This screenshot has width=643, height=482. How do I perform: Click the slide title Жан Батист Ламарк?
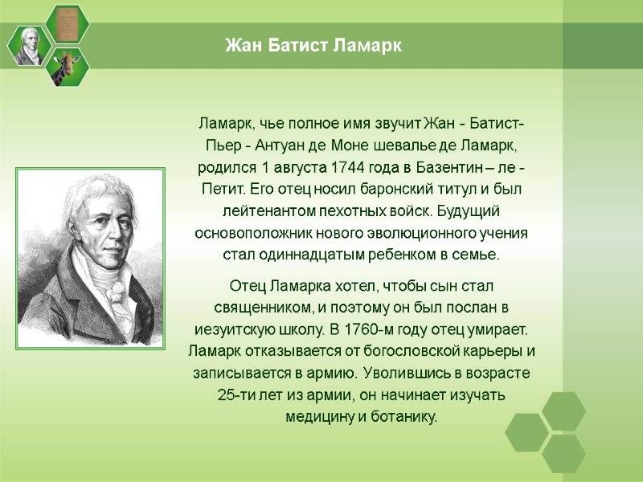pos(313,46)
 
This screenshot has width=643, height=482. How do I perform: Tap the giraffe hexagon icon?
pos(68,67)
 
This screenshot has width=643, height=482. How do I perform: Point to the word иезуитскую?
pos(235,329)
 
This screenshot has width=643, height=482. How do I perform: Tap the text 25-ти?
pos(235,394)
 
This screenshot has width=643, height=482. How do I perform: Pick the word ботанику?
pos(406,416)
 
